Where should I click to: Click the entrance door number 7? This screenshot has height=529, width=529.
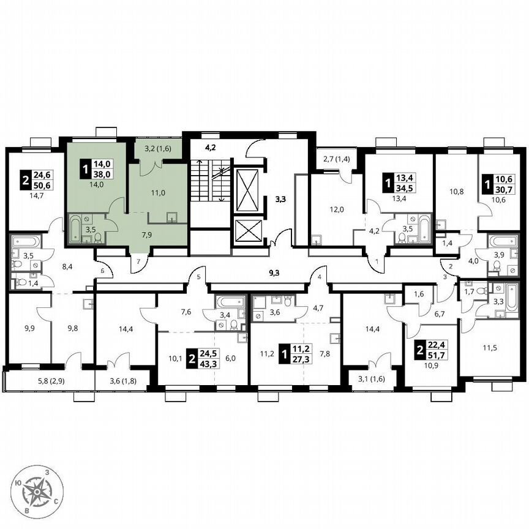pos(138,262)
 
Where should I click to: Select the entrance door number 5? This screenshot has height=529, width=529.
pos(198,277)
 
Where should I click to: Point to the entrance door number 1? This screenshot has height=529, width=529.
pos(377,261)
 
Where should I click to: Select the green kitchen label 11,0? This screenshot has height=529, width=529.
pos(159,192)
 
